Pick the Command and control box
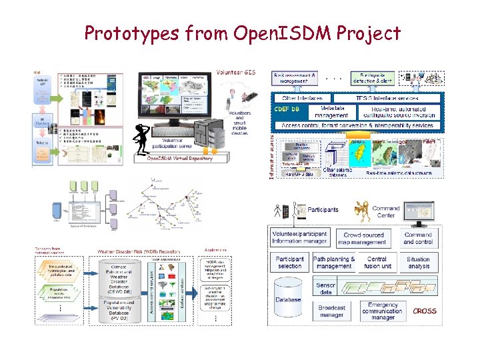[418, 238]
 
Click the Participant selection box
[290, 263]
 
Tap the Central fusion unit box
[377, 263]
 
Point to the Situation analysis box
[418, 263]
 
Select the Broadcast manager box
[331, 311]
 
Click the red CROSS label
[424, 311]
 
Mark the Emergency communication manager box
[383, 310]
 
